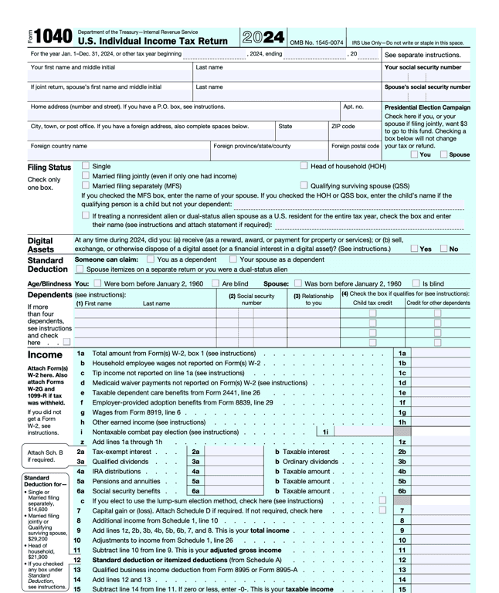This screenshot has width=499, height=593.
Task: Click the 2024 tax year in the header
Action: (x=262, y=36)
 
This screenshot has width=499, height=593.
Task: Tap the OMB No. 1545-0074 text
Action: (x=316, y=42)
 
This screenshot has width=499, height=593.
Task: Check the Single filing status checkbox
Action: (x=86, y=166)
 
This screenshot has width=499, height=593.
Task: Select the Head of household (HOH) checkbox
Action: (x=304, y=166)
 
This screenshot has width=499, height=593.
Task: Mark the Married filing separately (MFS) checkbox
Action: (x=86, y=186)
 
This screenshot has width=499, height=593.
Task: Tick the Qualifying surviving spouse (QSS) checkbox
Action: (x=304, y=186)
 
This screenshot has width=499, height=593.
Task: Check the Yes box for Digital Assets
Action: (x=416, y=249)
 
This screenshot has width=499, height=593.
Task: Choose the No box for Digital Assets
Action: (x=444, y=249)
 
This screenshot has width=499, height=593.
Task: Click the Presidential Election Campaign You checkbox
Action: (x=415, y=154)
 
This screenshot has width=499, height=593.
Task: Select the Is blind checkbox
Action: (x=416, y=283)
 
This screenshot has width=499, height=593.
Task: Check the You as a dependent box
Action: (x=151, y=260)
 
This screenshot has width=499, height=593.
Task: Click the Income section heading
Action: (x=45, y=354)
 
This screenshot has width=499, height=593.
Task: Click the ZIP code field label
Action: (x=343, y=126)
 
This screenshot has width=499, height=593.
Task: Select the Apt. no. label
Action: (x=353, y=107)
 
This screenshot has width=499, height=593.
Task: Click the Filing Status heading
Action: (x=49, y=168)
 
